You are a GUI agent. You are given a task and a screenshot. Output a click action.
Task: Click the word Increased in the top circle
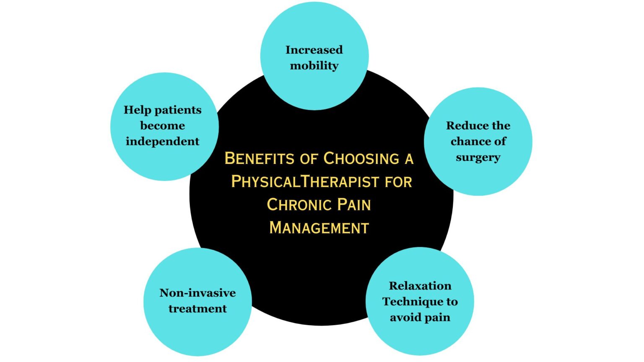(x=314, y=50)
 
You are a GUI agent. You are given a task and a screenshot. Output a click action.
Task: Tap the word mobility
(x=314, y=66)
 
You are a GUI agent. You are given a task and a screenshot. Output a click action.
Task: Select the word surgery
(x=478, y=158)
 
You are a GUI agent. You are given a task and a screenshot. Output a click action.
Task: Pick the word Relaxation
(x=420, y=286)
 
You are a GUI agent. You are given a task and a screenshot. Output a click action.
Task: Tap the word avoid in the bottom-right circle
(x=403, y=318)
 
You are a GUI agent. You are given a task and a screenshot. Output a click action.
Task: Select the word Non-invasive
(x=197, y=293)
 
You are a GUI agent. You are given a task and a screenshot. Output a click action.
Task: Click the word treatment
(x=197, y=309)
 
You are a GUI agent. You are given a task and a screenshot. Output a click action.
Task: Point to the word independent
(x=162, y=142)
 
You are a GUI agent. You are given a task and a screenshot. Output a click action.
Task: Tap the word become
(x=162, y=126)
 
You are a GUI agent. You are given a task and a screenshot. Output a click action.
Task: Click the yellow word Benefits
(x=260, y=159)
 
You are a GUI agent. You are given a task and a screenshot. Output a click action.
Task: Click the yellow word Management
(x=319, y=228)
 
